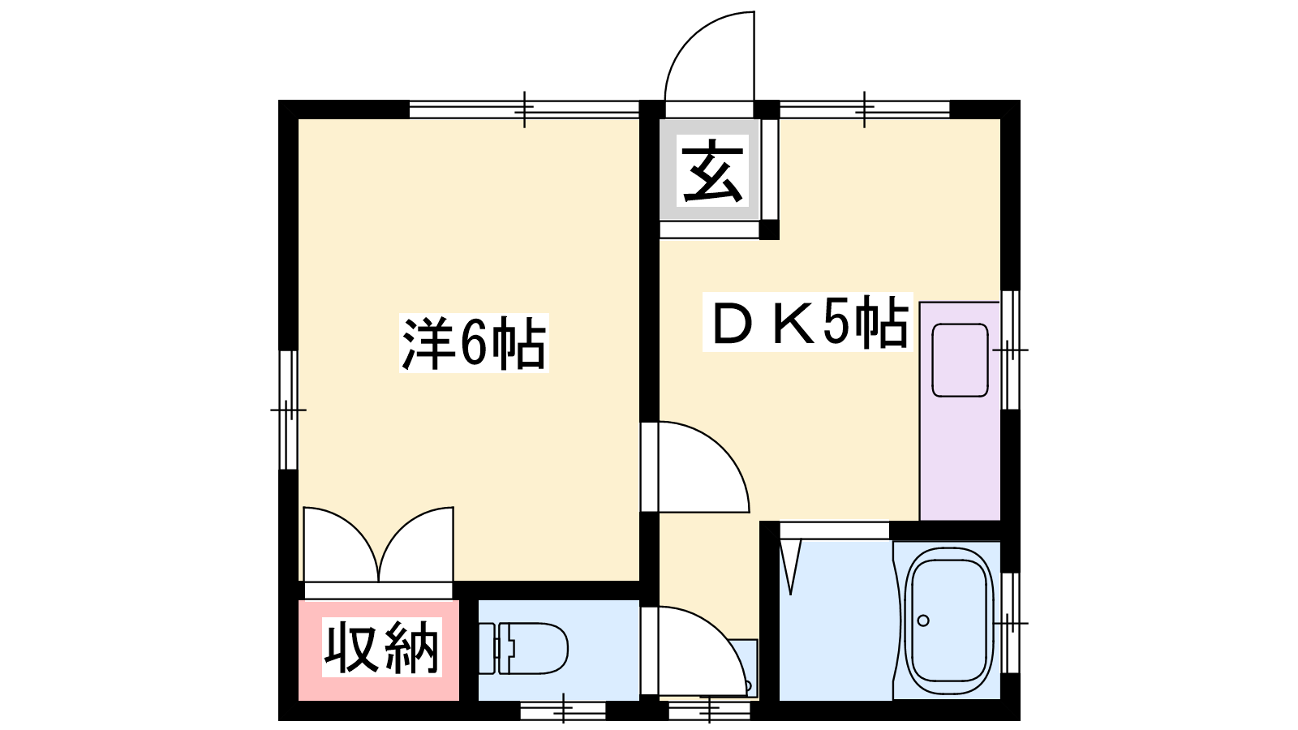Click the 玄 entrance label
tap(712, 173)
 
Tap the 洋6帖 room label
tap(474, 343)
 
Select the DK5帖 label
tap(808, 322)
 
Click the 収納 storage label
tap(381, 647)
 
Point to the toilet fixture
tap(523, 648)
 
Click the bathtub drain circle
tap(923, 620)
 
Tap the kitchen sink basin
tap(960, 360)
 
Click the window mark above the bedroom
tap(524, 109)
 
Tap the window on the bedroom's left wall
tap(288, 410)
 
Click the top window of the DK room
tap(865, 109)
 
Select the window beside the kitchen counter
tap(1010, 350)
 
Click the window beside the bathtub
tap(1010, 623)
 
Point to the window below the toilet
tap(563, 710)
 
